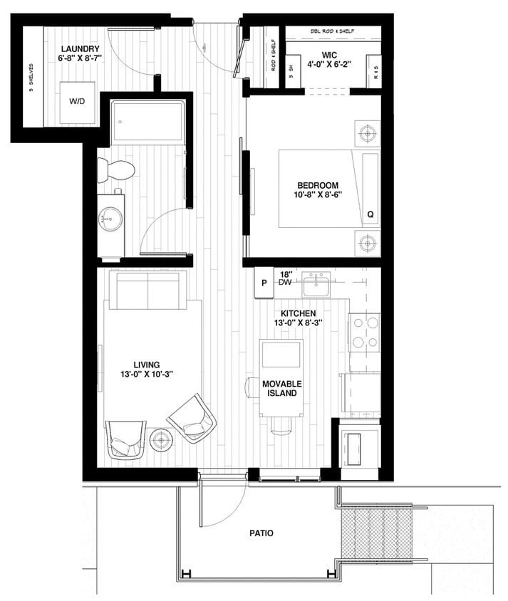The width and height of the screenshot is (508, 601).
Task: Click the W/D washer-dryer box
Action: click(77, 102)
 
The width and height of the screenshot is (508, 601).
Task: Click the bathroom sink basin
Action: click(110, 216)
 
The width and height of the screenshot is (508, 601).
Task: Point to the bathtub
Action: click(148, 121)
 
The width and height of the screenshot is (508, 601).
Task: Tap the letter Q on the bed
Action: click(370, 214)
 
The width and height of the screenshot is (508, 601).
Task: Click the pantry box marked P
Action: click(264, 283)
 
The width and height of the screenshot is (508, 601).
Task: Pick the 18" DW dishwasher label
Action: click(286, 278)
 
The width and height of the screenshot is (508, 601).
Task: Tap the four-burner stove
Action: click(364, 331)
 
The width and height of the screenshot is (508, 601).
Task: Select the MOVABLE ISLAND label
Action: click(282, 389)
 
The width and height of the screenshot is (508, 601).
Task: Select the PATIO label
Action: click(261, 533)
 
